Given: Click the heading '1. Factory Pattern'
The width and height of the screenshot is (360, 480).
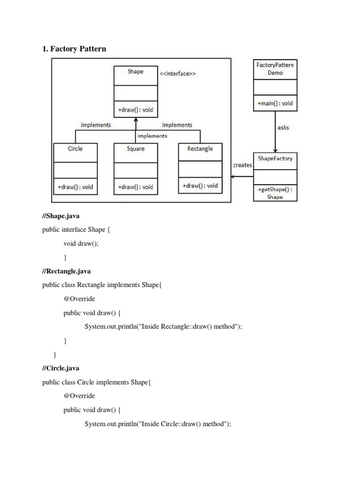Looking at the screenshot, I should pos(74,49).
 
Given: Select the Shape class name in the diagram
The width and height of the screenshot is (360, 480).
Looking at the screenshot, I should pos(135,72).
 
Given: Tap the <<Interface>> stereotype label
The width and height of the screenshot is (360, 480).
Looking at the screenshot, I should pos(178,73).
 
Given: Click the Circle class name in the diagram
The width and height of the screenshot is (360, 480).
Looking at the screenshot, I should pos(75,149).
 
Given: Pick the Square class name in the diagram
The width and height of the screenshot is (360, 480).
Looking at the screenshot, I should pos(135,149).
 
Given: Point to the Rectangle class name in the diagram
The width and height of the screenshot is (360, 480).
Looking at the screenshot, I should pos(200,149).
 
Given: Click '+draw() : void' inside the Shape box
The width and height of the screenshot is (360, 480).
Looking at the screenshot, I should pos(135,111).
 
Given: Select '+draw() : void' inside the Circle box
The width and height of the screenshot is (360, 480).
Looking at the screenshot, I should pos(75,187).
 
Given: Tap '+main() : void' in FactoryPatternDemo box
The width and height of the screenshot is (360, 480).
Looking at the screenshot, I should pos(275,103).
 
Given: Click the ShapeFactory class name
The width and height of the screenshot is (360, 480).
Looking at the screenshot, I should pos(275,158).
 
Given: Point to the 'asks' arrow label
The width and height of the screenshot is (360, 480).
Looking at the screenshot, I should pos(284,127).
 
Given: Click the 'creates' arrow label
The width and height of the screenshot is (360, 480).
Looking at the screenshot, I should pos(242,165).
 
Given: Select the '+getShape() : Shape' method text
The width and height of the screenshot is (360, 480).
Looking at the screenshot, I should pos(275,193).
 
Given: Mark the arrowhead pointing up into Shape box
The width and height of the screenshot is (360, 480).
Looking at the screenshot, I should pos(135,119).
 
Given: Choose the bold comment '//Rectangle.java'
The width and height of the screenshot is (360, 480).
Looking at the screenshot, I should pos(67,271).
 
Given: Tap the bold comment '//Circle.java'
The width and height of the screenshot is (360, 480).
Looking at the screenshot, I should pos(60,368).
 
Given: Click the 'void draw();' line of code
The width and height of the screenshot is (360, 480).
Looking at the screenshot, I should pos(81,244).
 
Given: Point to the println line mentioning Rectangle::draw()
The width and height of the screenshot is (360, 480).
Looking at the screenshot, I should pos(163,327).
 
